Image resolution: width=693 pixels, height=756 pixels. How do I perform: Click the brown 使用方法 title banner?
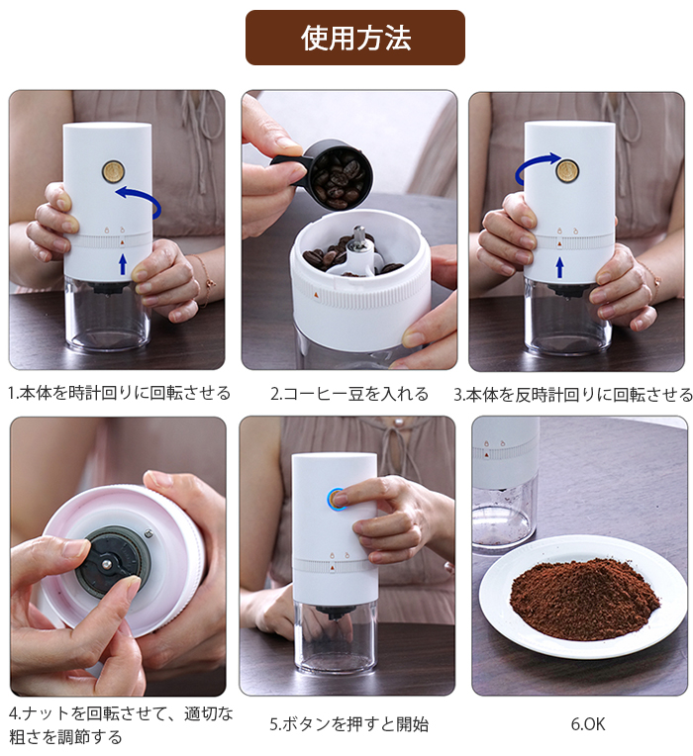(x=355, y=38)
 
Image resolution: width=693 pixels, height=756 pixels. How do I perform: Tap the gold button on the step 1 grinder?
(x=113, y=170)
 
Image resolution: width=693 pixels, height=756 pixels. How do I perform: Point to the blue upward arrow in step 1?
(x=123, y=264)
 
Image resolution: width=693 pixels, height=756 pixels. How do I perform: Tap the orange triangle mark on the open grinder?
(x=316, y=295)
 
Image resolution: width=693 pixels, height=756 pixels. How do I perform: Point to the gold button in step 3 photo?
(x=567, y=170)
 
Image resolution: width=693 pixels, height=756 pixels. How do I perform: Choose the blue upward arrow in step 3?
(x=559, y=267)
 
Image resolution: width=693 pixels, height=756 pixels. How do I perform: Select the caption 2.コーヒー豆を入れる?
(x=349, y=394)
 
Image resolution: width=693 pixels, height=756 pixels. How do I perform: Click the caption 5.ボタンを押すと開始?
(x=348, y=724)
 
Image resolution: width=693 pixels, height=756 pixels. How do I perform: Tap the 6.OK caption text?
(x=587, y=724)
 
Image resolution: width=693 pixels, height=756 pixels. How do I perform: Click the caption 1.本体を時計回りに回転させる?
(x=119, y=394)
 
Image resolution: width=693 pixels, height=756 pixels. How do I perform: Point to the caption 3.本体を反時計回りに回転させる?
(x=573, y=395)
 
